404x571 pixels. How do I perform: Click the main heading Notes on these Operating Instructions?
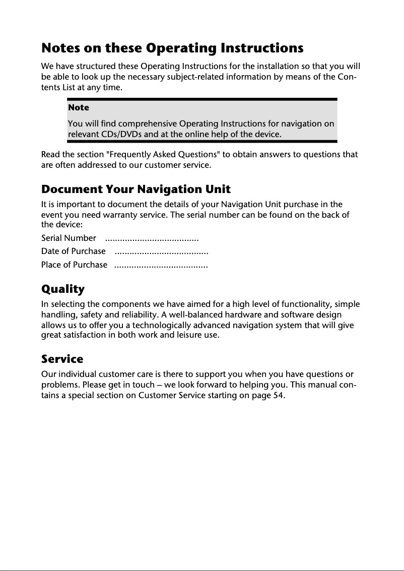[172, 48]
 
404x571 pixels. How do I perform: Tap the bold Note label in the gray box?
[78, 107]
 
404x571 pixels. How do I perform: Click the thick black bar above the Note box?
[201, 100]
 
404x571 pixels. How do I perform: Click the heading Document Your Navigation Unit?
[136, 189]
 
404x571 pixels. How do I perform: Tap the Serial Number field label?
[69, 238]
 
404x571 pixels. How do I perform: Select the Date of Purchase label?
[74, 251]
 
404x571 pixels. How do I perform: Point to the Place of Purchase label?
[74, 265]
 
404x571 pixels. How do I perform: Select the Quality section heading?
[62, 289]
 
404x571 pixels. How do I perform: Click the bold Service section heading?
[62, 359]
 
